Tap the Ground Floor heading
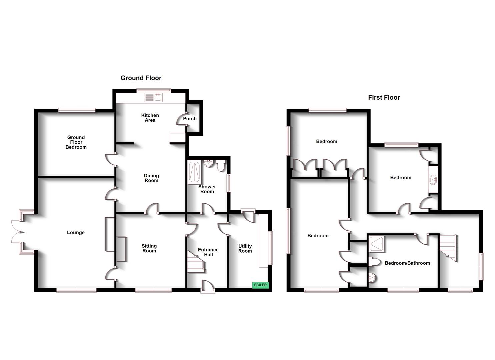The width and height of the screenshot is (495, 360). [x=141, y=78]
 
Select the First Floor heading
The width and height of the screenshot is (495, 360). [x=384, y=97]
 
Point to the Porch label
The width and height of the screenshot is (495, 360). [x=190, y=119]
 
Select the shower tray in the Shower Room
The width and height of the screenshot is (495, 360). [x=194, y=172]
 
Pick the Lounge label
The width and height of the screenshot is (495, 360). [x=76, y=232]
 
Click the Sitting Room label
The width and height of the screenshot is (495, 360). [x=149, y=248]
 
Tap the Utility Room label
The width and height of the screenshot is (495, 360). [x=245, y=249]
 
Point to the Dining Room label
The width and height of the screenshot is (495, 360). [x=151, y=178]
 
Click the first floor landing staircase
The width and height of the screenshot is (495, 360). [x=448, y=248]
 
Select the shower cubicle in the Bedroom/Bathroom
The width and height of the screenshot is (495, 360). [x=376, y=244]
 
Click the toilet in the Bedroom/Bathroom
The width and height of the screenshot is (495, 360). [x=374, y=262]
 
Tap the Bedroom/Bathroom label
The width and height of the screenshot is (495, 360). [x=407, y=263]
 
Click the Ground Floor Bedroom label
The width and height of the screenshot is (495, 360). [x=76, y=142]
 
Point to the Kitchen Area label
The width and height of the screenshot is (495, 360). [x=150, y=118]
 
